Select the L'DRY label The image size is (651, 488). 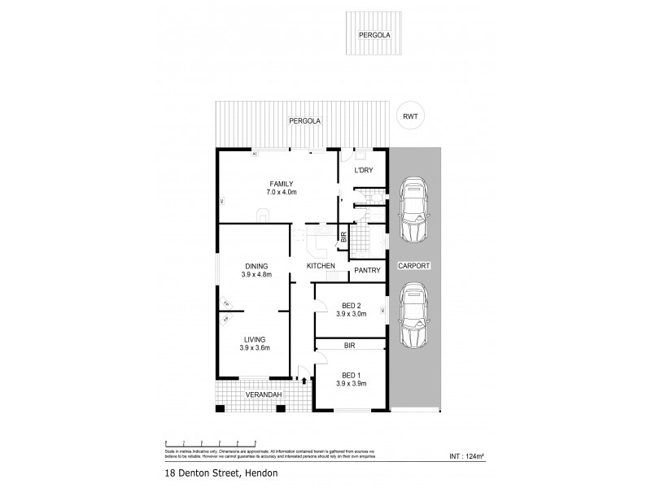pyautogui.click(x=362, y=171)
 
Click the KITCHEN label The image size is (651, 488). pyautogui.click(x=321, y=266)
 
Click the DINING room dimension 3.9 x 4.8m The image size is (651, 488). pyautogui.click(x=256, y=275)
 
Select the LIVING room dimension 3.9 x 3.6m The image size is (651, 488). pyautogui.click(x=256, y=347)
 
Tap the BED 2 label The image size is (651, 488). pyautogui.click(x=350, y=306)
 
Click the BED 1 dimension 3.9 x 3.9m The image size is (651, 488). pyautogui.click(x=352, y=383)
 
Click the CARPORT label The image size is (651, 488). pyautogui.click(x=414, y=266)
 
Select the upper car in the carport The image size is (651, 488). pyautogui.click(x=414, y=209)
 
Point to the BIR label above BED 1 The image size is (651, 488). pyautogui.click(x=350, y=345)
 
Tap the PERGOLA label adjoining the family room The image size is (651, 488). pyautogui.click(x=305, y=121)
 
